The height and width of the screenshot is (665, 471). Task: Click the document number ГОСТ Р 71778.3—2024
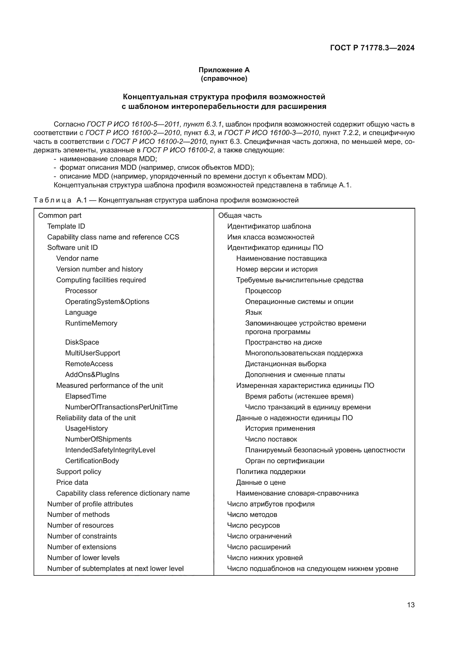click(372, 48)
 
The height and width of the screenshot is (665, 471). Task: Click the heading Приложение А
click(224, 70)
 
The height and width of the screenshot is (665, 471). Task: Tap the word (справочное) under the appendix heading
click(224, 78)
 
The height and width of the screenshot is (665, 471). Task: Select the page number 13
click(411, 605)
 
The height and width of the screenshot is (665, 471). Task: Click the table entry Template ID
click(66, 226)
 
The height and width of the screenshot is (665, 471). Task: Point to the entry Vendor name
click(77, 258)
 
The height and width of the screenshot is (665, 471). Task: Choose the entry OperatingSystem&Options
click(107, 301)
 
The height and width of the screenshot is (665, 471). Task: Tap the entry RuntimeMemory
click(91, 323)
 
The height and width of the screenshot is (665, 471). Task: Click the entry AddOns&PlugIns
click(92, 375)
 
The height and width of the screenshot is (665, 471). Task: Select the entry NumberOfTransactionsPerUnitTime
click(121, 407)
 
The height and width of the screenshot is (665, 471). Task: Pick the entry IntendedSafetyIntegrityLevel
click(110, 450)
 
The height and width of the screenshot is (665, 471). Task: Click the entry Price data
click(72, 482)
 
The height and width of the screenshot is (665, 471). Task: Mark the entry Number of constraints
click(82, 536)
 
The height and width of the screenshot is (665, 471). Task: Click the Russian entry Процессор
click(263, 291)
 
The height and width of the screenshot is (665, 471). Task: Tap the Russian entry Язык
click(253, 312)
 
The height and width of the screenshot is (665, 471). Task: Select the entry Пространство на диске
click(283, 342)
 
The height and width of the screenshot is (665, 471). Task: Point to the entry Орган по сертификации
click(284, 461)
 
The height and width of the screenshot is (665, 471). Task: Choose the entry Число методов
click(252, 515)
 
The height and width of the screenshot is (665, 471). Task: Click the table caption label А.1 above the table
click(82, 200)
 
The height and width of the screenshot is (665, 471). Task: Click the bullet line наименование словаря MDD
click(108, 159)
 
